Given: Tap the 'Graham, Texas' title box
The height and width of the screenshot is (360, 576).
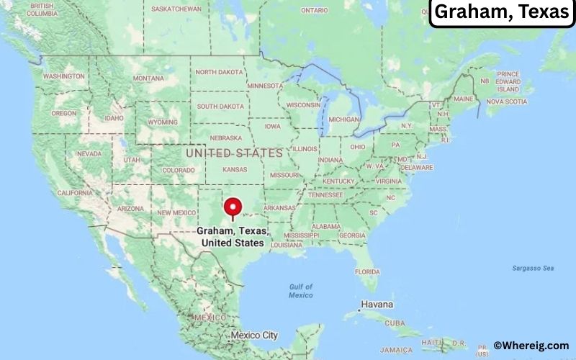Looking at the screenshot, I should coord(502,13).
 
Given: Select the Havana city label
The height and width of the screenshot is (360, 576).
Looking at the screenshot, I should coord(377,305).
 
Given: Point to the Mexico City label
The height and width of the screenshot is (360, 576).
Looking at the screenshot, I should coord(254,336).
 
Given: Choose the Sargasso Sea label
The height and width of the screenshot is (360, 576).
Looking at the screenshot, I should coord(534,269).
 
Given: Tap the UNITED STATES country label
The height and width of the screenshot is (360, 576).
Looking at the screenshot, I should coord(234,153).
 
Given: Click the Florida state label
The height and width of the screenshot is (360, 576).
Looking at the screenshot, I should coord(367,271).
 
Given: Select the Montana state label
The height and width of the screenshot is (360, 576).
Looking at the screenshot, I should coord(149,78).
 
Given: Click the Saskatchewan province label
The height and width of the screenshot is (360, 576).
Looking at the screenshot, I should coord(177,9).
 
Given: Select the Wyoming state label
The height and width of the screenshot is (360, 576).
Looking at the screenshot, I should coord(163,122).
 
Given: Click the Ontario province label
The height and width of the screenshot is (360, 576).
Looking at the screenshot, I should coord(314,10).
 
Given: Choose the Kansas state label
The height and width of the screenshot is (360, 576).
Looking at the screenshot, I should coord(235,169).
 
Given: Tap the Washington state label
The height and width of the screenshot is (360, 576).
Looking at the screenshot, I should coord(64,76).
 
